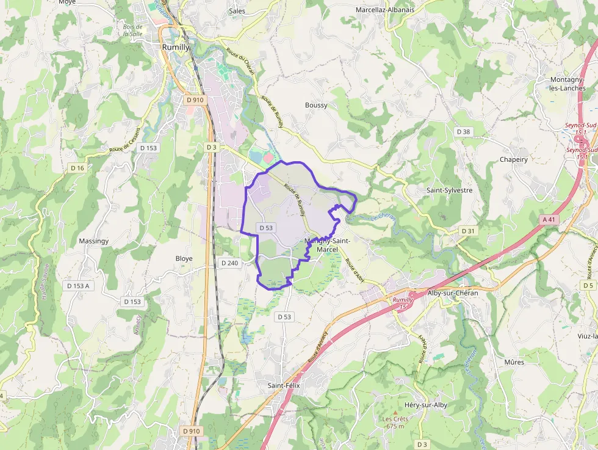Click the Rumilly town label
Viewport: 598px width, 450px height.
pos(176,47)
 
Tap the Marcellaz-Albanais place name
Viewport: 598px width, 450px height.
pos(384,10)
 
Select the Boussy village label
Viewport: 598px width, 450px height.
pos(316,105)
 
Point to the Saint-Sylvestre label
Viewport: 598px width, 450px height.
pos(449,190)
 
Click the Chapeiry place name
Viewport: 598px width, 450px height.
pos(513,159)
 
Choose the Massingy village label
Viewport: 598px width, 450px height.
pos(93,241)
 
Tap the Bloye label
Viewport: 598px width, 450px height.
pos(184,258)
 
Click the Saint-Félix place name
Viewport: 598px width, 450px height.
pos(284,385)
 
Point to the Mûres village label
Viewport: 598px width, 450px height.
pos(514,362)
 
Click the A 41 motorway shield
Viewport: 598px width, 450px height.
pos(549,219)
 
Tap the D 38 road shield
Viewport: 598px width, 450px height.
pos(463,132)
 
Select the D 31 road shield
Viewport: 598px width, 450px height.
pos(467,231)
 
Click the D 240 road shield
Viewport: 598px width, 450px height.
pos(229,263)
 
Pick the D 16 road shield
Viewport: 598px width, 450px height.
pos(77,168)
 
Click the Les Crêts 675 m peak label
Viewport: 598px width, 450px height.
pos(395,423)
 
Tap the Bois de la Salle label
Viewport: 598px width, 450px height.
pos(132,31)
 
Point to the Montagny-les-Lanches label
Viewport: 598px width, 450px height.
pos(567,84)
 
